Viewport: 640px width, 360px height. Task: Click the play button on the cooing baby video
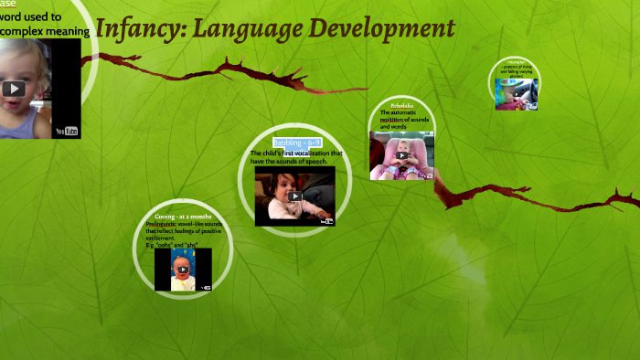183,270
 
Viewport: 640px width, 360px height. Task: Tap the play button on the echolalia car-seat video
401,155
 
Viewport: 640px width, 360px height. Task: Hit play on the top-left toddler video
14,89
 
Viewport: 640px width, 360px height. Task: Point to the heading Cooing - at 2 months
183,216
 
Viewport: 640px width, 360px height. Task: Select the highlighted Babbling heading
296,143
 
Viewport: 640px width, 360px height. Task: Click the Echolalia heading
402,106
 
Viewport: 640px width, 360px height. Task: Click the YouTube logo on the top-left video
67,131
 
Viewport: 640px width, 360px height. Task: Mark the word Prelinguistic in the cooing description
165,224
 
